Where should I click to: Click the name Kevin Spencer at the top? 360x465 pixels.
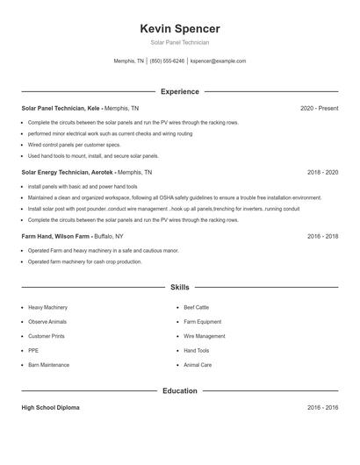[x=179, y=29]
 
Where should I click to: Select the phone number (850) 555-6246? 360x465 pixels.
[x=167, y=61]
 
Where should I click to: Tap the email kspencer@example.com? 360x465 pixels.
[x=218, y=61]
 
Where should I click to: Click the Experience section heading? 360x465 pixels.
[x=179, y=91]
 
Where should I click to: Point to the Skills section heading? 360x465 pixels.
[x=179, y=287]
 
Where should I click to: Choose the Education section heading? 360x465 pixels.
[x=179, y=390]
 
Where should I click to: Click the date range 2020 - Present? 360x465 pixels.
[x=319, y=108]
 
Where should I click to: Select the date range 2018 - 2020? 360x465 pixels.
[x=322, y=173]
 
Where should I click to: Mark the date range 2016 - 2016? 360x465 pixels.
[x=322, y=408]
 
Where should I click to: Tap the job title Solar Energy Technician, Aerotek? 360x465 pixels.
[x=68, y=173]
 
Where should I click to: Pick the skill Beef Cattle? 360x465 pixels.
[x=196, y=308]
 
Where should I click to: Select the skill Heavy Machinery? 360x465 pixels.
[x=47, y=308]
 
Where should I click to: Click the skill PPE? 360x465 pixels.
[x=33, y=350]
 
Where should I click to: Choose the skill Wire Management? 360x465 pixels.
[x=204, y=336]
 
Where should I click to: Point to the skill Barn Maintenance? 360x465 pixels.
[x=48, y=364]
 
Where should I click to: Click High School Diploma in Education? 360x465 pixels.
[x=51, y=408]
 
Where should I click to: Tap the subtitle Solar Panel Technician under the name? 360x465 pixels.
[x=179, y=42]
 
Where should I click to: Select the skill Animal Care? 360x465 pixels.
[x=198, y=364]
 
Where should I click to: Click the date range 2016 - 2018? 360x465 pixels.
[x=322, y=237]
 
